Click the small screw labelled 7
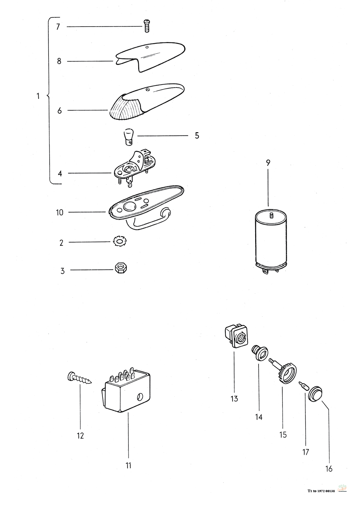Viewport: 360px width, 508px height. [147, 26]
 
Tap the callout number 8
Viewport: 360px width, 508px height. [59, 61]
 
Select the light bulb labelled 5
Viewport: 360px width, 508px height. [128, 137]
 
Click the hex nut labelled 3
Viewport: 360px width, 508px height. [121, 268]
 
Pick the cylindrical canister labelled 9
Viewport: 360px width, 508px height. [271, 243]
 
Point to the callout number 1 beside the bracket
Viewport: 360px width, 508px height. [38, 96]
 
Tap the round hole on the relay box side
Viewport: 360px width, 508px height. [140, 397]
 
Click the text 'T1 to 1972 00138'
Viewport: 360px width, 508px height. [321, 497]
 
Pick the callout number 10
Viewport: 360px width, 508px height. [60, 213]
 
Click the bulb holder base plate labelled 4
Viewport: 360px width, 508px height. [135, 168]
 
